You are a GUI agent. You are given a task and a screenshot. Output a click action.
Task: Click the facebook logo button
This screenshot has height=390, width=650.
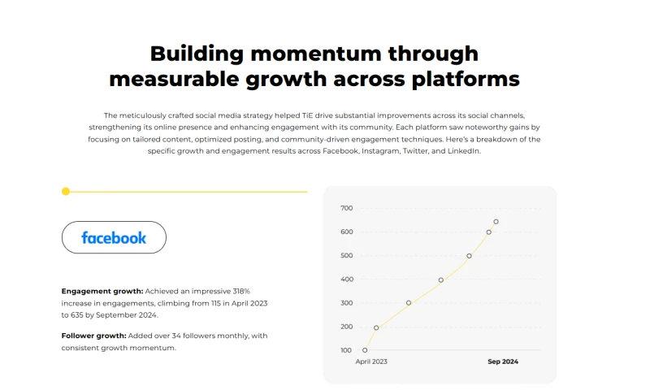click(x=114, y=237)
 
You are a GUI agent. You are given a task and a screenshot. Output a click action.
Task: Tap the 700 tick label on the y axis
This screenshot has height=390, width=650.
click(x=346, y=209)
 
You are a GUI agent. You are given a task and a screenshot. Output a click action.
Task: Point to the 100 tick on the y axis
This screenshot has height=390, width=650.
click(x=346, y=350)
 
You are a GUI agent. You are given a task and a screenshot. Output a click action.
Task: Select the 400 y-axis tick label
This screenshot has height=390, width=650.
click(x=346, y=279)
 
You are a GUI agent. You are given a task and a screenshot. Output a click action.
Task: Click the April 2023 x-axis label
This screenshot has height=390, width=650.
click(x=371, y=362)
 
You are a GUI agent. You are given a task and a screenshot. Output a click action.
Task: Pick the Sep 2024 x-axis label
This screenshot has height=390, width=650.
click(x=503, y=362)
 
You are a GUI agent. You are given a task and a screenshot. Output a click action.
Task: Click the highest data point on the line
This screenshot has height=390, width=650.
click(x=496, y=221)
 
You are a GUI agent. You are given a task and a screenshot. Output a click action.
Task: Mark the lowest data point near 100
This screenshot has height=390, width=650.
click(x=365, y=350)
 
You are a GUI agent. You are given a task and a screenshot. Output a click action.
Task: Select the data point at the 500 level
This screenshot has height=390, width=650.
click(x=469, y=256)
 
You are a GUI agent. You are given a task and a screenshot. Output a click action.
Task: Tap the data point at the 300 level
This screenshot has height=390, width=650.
click(x=409, y=303)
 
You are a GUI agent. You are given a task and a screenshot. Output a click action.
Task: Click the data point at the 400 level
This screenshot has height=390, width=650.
click(x=441, y=280)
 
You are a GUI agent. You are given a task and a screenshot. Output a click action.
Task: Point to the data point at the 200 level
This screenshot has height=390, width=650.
click(x=376, y=328)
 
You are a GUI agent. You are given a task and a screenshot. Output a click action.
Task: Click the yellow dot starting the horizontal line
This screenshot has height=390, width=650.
click(x=66, y=192)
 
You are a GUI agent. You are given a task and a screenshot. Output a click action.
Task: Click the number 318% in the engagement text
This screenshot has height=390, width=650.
click(x=241, y=290)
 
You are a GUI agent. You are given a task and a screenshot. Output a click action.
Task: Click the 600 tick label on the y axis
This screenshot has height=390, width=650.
click(x=346, y=232)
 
